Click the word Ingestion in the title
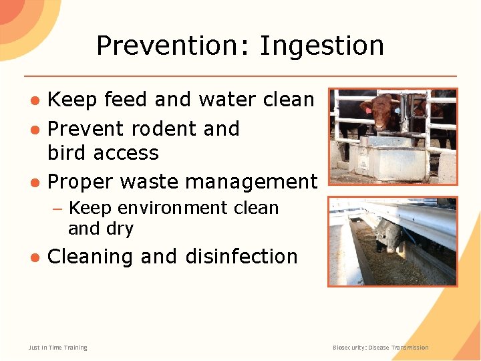coord(321,47)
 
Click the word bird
coord(69,152)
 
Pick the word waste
coord(154,181)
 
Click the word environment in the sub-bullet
coord(176,208)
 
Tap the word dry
coord(120,229)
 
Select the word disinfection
coord(241,256)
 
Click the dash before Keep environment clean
coord(57,209)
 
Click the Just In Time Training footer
coord(58,348)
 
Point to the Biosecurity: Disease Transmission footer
coord(381,348)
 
